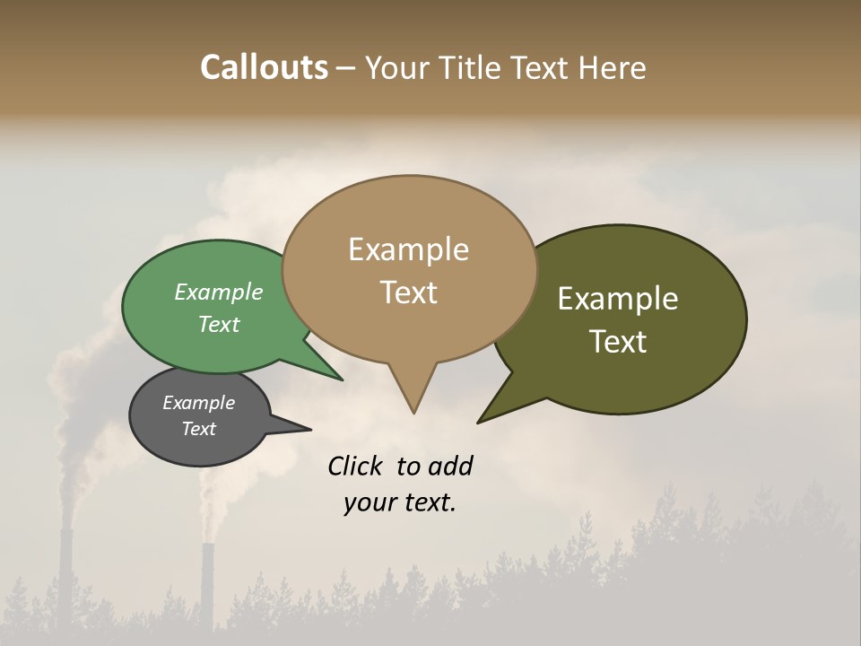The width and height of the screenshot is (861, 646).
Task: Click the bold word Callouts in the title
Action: point(264,68)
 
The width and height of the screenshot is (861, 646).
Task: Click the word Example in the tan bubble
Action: point(408,249)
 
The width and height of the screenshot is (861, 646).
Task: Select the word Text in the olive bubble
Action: point(618,342)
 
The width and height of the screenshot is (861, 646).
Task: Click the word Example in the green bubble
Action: point(219,292)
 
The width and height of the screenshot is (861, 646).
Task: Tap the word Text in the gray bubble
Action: point(199,429)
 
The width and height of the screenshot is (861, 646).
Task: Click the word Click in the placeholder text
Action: point(356,466)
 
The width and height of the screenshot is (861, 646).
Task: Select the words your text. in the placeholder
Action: point(400,502)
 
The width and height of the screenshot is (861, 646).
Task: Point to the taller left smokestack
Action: point(65,574)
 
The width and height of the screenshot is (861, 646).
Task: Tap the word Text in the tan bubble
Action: point(409,292)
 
